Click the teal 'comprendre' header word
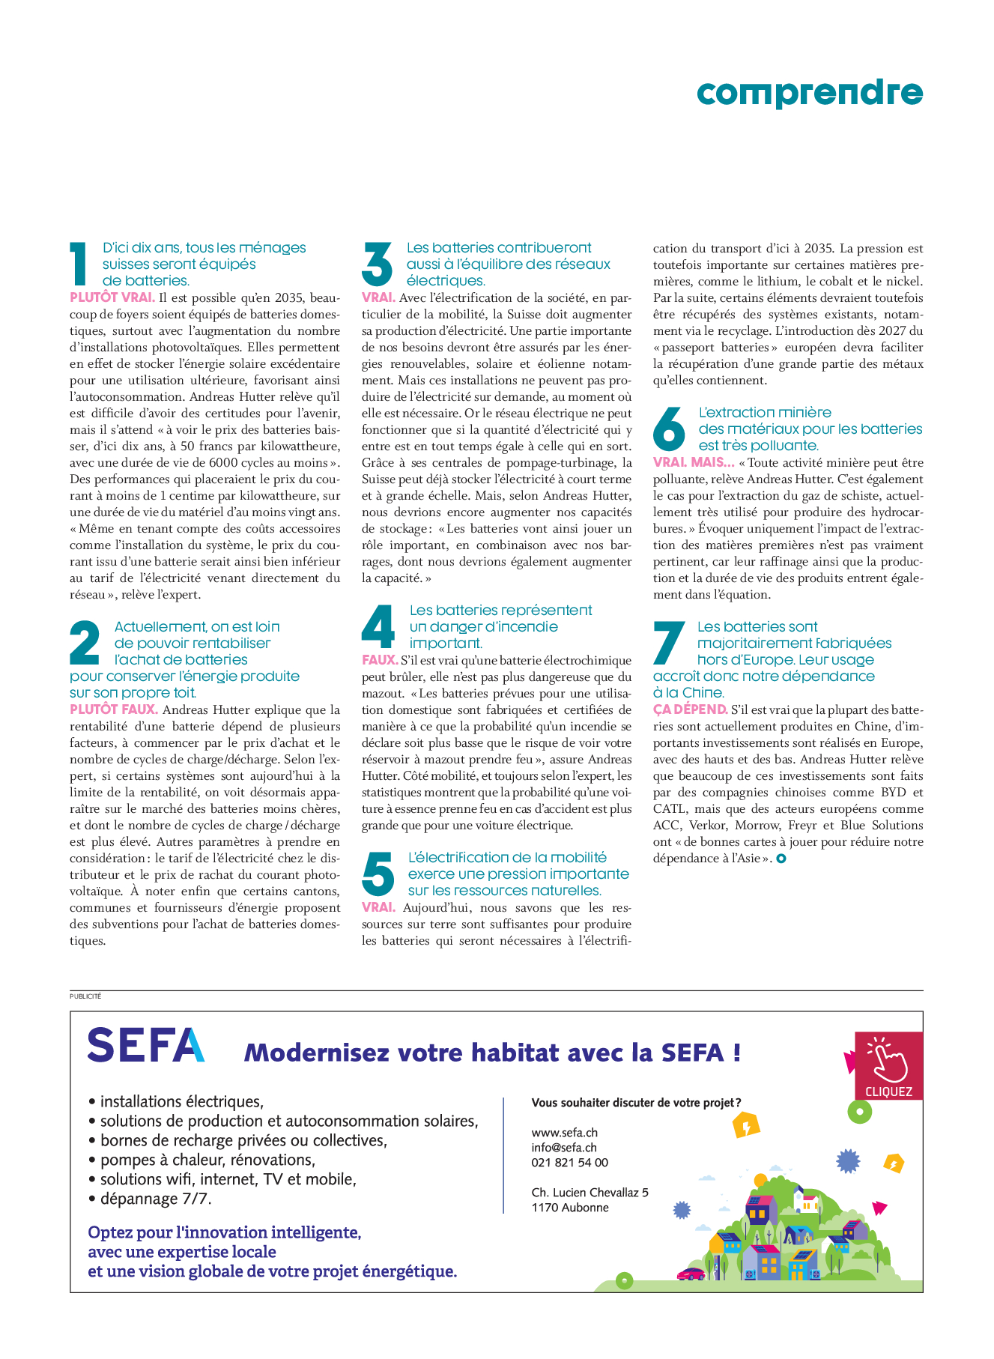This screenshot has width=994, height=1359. point(809,93)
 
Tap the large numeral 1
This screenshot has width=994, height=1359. point(79,264)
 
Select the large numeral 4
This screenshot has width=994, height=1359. point(378,627)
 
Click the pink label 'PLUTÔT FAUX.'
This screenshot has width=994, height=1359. point(114,709)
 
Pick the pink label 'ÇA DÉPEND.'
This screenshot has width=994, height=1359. point(690,709)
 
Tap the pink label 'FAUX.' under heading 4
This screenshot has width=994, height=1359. point(380,660)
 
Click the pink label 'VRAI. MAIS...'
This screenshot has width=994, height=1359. point(694,462)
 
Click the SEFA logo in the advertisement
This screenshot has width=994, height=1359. point(146,1045)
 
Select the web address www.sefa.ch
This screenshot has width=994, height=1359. point(564,1133)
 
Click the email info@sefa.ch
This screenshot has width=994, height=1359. point(564,1148)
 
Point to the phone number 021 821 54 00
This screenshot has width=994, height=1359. point(569,1163)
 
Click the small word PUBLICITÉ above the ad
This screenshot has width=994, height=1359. point(85,996)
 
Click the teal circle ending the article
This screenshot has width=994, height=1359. point(781,859)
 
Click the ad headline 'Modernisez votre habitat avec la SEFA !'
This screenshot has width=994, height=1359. point(492,1053)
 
